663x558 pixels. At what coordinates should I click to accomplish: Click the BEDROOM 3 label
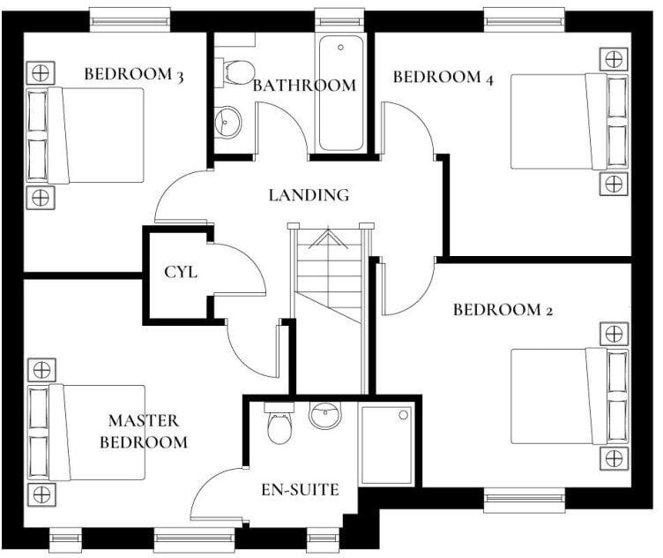pyautogui.click(x=133, y=74)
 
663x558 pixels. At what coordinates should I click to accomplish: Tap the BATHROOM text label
pyautogui.click(x=304, y=86)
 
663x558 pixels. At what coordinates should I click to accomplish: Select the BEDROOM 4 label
pyautogui.click(x=443, y=77)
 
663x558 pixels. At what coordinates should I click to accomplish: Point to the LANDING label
pyautogui.click(x=309, y=195)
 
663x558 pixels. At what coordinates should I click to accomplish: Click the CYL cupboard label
pyautogui.click(x=181, y=272)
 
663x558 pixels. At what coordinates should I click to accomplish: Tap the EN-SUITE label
pyautogui.click(x=300, y=489)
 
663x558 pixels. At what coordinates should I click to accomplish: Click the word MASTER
pyautogui.click(x=144, y=420)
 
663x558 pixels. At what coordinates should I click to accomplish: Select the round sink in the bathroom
pyautogui.click(x=228, y=121)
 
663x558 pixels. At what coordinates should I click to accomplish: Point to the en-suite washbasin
pyautogui.click(x=324, y=414)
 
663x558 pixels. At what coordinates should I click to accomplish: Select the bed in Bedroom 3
pyautogui.click(x=93, y=135)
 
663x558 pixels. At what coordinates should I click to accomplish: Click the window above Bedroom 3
pyautogui.click(x=130, y=18)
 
